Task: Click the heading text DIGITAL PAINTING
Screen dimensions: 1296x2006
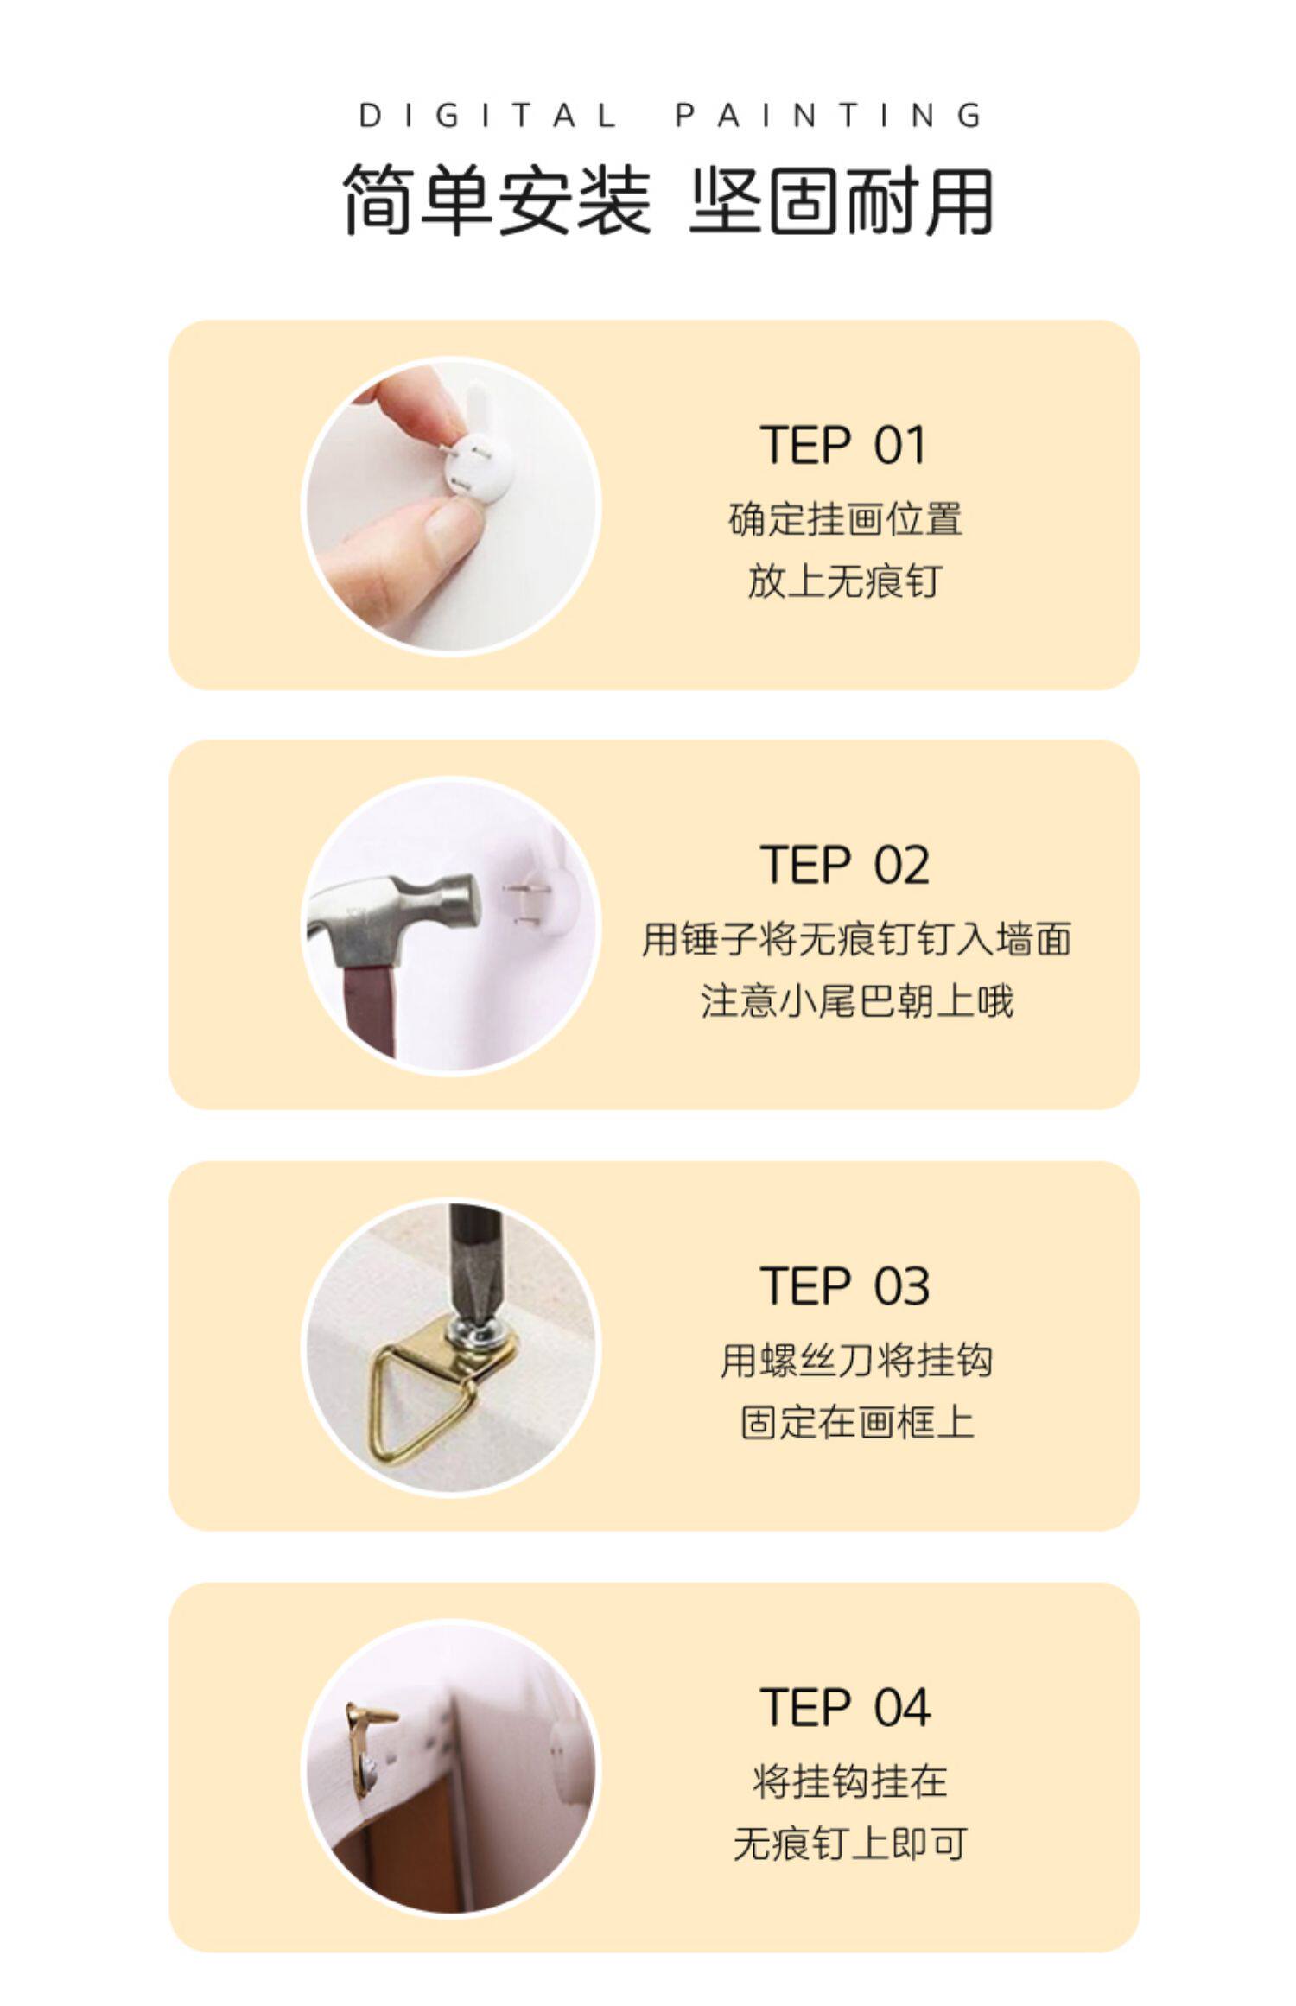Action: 670,116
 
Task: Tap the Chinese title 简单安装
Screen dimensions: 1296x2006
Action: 497,201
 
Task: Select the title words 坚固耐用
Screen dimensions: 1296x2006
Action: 841,201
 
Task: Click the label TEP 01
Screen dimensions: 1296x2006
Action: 843,445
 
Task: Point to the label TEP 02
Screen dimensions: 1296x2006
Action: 844,865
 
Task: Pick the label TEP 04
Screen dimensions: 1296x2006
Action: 845,1708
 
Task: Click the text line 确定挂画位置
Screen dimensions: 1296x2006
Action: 845,519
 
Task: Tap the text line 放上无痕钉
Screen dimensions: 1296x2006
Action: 844,581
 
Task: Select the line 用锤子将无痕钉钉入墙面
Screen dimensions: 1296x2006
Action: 856,939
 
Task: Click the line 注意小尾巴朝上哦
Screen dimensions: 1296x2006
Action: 856,1001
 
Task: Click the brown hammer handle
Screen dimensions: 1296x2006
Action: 370,1012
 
